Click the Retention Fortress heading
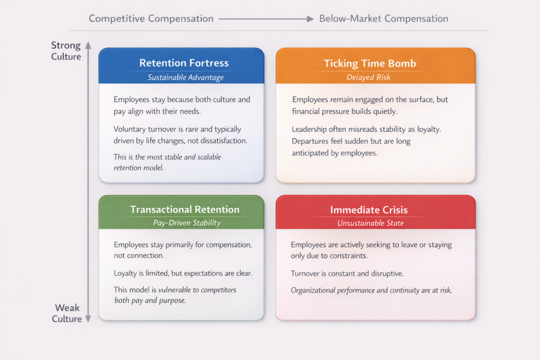coord(184,63)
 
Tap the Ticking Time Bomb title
coord(370,64)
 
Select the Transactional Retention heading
coord(185,209)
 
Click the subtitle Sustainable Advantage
coord(186,77)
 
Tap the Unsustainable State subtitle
coord(370,223)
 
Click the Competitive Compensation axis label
coord(151,18)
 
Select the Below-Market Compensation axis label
coord(384,18)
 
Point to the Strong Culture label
coord(66,51)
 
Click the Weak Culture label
coord(67,313)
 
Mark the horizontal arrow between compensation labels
coord(266,19)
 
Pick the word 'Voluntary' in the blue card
coord(130,130)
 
